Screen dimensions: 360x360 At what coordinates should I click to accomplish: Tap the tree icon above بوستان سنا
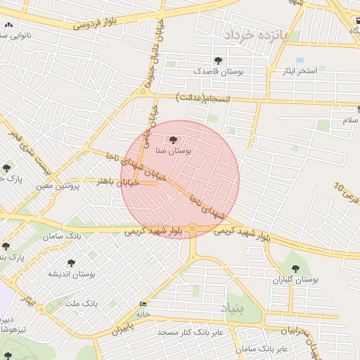point(174,140)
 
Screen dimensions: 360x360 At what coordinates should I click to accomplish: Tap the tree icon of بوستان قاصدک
point(218,60)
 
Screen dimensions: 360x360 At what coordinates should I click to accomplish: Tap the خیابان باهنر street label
point(116,181)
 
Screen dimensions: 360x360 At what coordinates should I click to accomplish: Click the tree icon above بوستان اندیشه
point(72,262)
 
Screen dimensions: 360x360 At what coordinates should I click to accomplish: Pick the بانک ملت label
point(80,303)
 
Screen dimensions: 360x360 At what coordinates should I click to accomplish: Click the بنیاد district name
point(233,308)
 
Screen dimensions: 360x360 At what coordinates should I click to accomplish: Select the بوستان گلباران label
point(296,279)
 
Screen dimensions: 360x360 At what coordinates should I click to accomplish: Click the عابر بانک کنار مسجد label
point(190,331)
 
